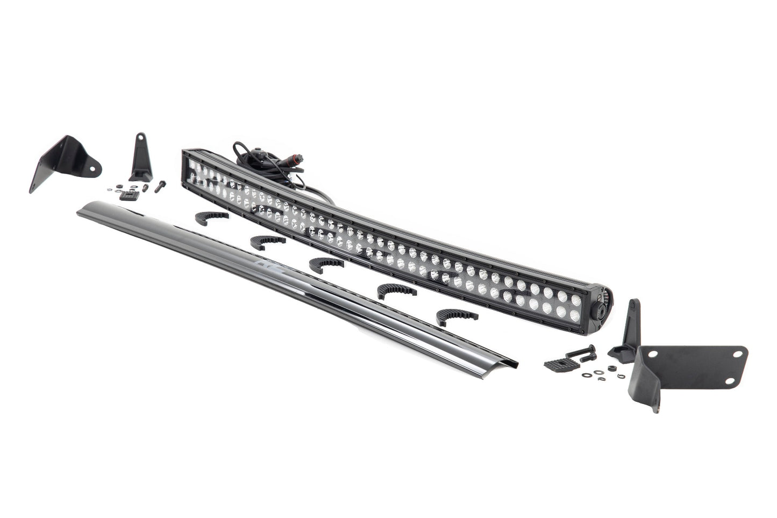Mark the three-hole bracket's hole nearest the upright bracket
tap(654, 355)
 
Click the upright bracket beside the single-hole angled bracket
tap(140, 158)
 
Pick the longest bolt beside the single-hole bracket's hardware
tap(160, 186)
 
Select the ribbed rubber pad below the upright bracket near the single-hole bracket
tap(129, 195)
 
